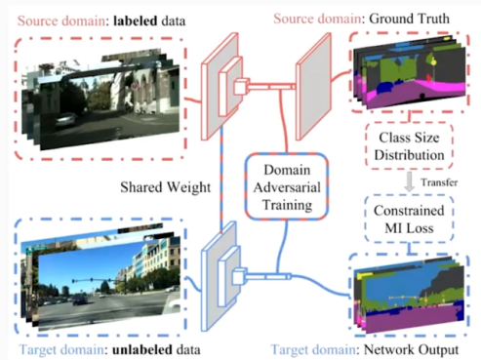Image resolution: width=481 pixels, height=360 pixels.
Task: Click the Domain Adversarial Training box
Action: [287, 187]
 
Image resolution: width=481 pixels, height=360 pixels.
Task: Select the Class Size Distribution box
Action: [409, 146]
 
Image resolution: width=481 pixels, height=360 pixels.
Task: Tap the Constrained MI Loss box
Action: [409, 219]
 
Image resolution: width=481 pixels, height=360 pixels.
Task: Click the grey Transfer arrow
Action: [410, 181]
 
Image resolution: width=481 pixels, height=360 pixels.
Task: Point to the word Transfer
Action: [439, 182]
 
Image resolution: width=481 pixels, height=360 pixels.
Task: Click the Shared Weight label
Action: [166, 187]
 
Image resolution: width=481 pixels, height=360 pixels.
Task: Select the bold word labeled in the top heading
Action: [136, 21]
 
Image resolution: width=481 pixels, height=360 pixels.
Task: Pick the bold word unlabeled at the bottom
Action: [142, 350]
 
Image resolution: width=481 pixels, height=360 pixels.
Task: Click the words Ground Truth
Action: [410, 19]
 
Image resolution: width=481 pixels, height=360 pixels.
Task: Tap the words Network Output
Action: [411, 350]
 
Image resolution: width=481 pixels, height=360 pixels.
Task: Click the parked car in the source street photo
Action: [67, 119]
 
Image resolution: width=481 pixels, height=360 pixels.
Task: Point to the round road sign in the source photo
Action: [135, 86]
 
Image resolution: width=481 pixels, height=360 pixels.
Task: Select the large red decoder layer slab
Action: [313, 87]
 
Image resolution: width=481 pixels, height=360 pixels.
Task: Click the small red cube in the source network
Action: [241, 87]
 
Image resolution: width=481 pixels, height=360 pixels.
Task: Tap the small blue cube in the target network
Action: [240, 276]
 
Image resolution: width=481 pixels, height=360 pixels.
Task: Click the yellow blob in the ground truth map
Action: [433, 61]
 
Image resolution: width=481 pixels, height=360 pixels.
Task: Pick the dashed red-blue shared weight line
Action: [221, 180]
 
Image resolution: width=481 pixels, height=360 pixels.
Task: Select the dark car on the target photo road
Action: [79, 300]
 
